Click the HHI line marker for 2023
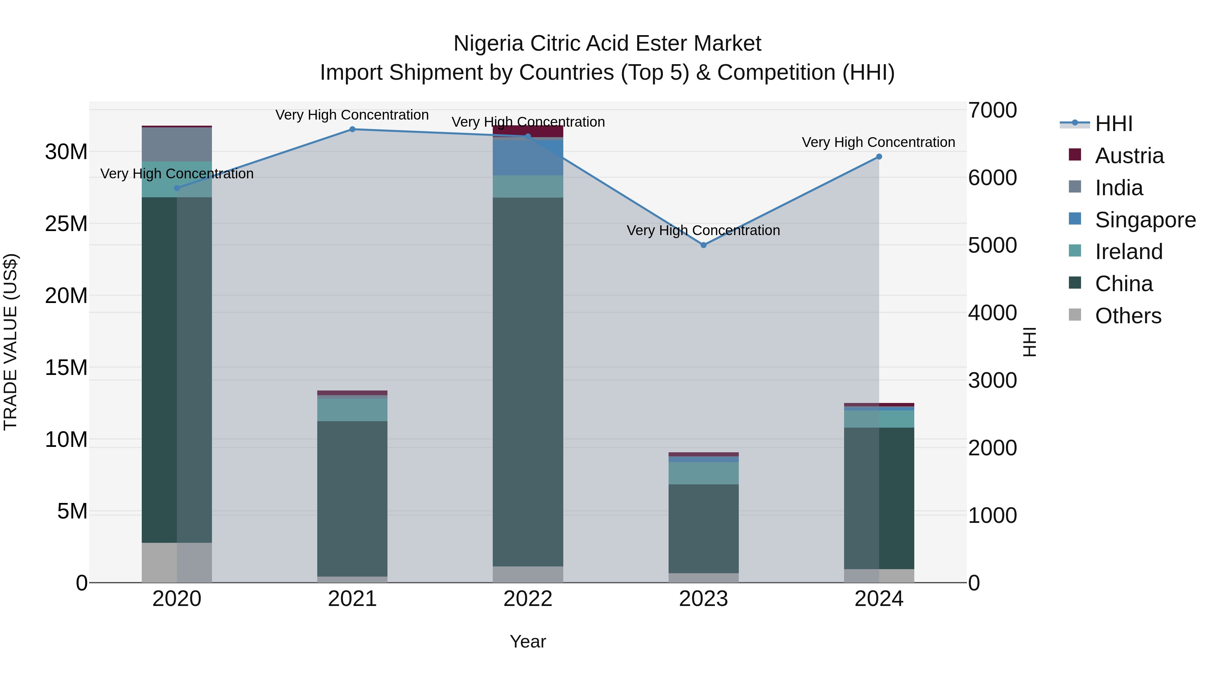pos(703,245)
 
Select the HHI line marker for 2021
pos(352,129)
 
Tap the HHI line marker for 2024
pos(879,157)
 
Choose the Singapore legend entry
pos(1145,220)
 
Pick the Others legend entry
pos(1128,316)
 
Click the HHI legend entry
pos(1113,124)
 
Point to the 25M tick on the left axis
pos(66,224)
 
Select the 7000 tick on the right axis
pos(992,110)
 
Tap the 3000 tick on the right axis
pos(992,380)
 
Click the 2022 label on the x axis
pos(528,599)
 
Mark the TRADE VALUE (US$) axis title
pos(10,342)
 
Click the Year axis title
pos(528,641)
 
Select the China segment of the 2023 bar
pos(703,529)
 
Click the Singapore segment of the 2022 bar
pos(528,158)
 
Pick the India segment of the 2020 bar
pos(177,145)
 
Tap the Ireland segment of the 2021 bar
pos(352,410)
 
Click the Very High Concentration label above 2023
pos(703,230)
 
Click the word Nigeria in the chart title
pos(489,44)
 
